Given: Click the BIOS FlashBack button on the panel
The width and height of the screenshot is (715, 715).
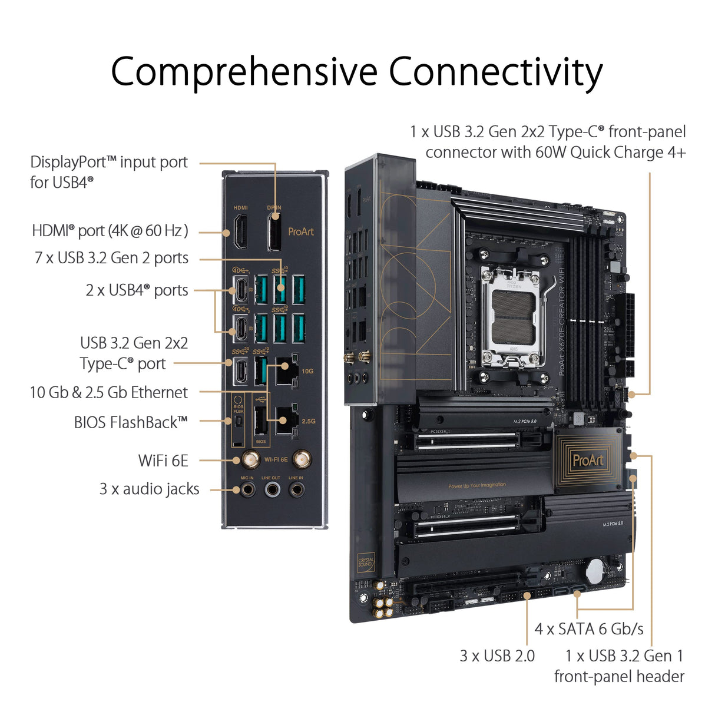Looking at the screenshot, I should click(x=239, y=421).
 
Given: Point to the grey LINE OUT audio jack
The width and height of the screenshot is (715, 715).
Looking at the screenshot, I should click(x=272, y=489).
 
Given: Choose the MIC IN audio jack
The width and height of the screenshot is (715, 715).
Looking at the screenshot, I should click(x=247, y=489).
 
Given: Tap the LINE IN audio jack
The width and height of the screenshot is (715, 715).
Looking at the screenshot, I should click(x=296, y=489).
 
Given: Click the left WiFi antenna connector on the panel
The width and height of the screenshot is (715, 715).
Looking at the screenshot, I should click(x=250, y=459).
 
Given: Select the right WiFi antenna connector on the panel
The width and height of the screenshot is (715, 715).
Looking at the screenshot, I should click(x=302, y=459).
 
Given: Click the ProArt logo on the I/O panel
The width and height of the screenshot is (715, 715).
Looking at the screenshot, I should click(x=301, y=231).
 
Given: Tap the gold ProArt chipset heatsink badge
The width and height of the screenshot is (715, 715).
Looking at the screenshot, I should click(x=588, y=460).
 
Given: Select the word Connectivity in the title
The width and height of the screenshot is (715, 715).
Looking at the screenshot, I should click(x=495, y=72).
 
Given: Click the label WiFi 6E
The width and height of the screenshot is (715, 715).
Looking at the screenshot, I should click(x=163, y=461).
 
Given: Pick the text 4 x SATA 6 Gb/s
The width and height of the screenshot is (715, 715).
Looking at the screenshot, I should click(x=589, y=629).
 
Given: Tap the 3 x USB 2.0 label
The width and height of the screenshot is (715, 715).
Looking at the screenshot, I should click(x=497, y=656).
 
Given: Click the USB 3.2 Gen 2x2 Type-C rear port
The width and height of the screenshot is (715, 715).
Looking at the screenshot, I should click(x=241, y=370).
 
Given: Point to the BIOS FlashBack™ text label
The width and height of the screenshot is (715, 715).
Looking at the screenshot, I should click(x=131, y=422).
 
